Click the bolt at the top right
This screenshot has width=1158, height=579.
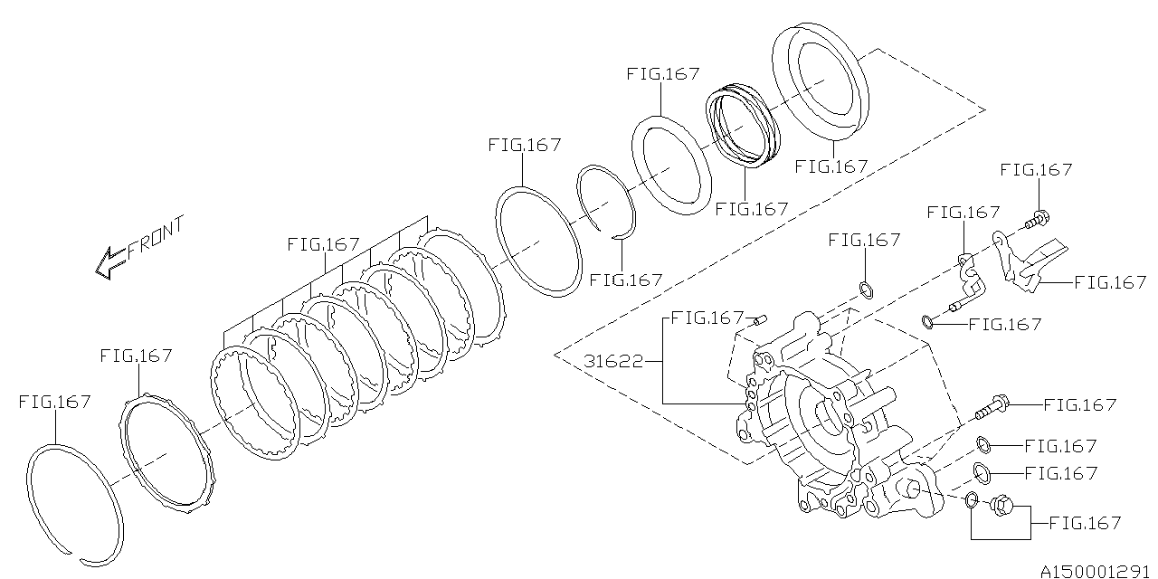pyautogui.click(x=1037, y=218)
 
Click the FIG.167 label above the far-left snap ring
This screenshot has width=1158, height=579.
pyautogui.click(x=54, y=402)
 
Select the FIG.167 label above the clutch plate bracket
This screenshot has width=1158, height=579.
pyautogui.click(x=323, y=244)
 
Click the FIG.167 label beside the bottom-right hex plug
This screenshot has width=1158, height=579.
pyautogui.click(x=1084, y=523)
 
